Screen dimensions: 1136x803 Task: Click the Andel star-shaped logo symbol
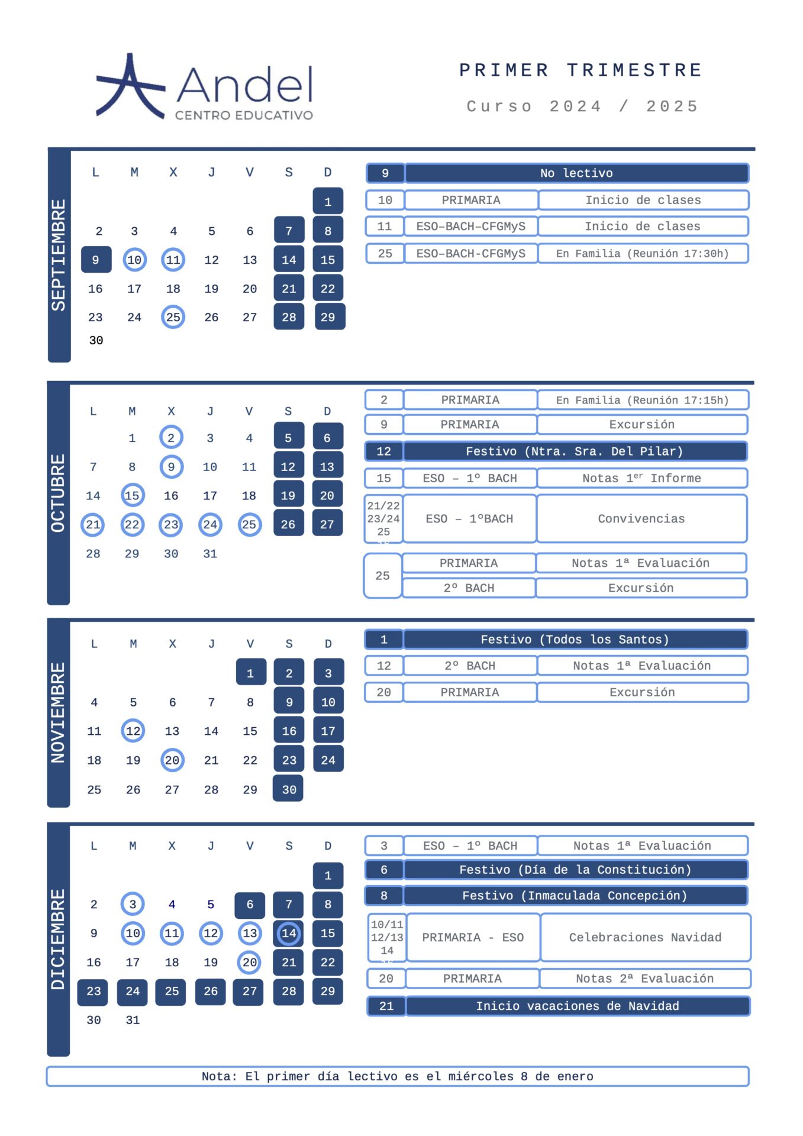click(130, 87)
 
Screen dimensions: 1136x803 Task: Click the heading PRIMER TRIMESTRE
click(581, 70)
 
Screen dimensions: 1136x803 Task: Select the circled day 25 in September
click(173, 317)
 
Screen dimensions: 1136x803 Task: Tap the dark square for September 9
click(96, 260)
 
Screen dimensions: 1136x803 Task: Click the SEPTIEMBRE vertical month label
click(59, 255)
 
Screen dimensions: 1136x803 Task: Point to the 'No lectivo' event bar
click(576, 173)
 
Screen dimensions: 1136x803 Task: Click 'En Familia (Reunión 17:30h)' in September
click(643, 254)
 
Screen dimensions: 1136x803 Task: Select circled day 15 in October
click(132, 495)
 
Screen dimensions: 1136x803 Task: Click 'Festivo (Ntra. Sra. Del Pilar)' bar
click(574, 451)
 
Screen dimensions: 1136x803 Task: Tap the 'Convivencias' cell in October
click(641, 519)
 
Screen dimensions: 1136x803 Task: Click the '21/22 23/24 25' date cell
click(383, 519)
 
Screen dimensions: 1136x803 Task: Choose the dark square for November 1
click(250, 673)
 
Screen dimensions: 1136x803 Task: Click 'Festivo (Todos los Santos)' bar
click(575, 640)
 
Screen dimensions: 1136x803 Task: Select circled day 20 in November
click(172, 760)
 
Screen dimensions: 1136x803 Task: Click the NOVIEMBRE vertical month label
click(58, 713)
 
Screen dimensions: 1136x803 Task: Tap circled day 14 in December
click(289, 933)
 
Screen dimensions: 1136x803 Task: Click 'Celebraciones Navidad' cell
click(645, 937)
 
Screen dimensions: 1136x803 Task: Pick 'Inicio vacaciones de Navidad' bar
click(578, 1006)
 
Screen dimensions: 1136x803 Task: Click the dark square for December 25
click(172, 991)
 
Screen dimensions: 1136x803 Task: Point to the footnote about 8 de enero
click(398, 1076)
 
